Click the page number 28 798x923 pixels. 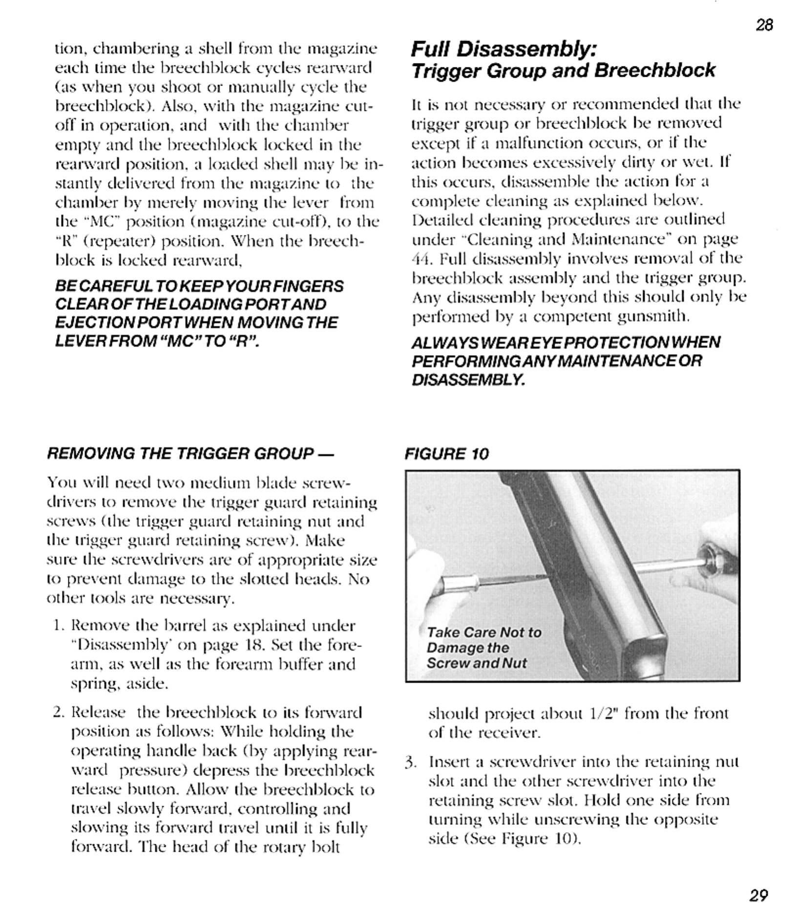click(x=764, y=25)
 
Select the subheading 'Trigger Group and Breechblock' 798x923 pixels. click(x=563, y=71)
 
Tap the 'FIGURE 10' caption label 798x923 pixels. click(x=446, y=454)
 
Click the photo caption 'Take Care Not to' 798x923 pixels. click(x=484, y=632)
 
